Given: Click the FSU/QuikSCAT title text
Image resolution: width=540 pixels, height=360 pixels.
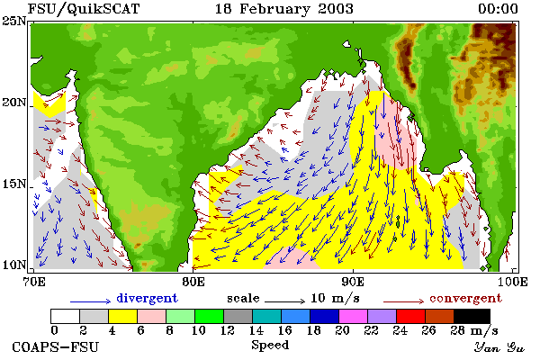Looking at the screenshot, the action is (x=84, y=9).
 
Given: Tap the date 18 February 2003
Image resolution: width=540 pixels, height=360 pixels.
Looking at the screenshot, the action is (x=284, y=9).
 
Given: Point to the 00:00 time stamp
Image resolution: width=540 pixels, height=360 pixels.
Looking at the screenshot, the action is (x=498, y=9).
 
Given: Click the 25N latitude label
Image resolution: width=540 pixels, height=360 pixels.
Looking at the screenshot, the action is (x=13, y=22).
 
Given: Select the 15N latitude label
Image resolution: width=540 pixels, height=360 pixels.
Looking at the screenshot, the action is (x=13, y=184).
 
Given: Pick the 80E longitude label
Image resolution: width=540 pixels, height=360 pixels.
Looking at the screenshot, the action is (x=193, y=282).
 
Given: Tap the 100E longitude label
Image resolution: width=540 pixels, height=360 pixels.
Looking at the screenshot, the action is (x=512, y=282).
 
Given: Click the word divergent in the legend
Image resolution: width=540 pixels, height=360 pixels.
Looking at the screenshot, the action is (x=147, y=298).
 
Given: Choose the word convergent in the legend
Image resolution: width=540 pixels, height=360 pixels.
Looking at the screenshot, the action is (x=465, y=298).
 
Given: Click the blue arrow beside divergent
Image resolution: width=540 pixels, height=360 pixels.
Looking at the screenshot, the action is (x=91, y=301).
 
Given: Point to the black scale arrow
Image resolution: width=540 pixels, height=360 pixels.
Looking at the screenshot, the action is (x=284, y=301).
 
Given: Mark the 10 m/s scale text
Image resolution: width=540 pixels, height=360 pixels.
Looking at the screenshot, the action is (x=335, y=298).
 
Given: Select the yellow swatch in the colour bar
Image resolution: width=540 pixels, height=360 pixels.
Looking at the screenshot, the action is (x=123, y=316).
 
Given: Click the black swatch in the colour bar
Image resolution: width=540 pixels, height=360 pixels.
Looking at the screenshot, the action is (x=472, y=316).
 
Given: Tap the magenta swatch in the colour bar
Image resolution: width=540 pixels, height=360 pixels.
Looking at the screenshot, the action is (x=354, y=316).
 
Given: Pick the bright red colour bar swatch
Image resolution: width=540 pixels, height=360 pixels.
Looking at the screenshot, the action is (x=411, y=316).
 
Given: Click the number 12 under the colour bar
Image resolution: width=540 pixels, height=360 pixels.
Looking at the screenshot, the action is (x=228, y=330).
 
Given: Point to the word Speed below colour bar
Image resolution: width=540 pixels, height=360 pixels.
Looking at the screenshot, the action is (x=270, y=346).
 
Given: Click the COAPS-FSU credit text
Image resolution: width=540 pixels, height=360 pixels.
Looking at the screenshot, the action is (x=56, y=346).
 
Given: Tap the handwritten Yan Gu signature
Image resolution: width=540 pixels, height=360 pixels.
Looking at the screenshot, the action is (x=499, y=347).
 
